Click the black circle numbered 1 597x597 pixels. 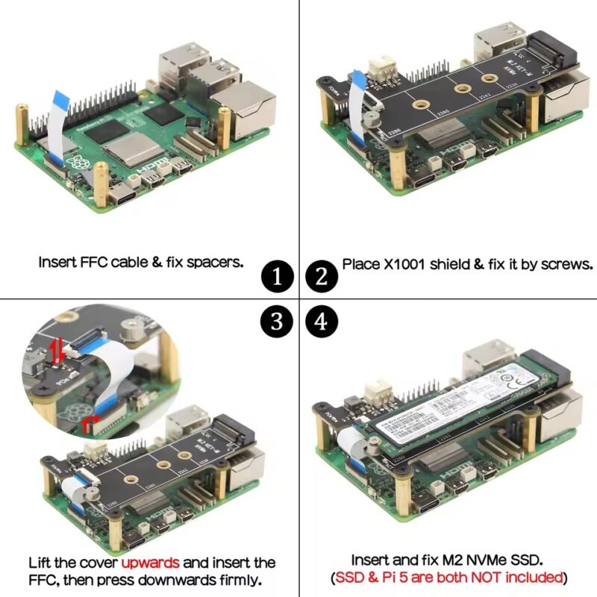(x=277, y=278)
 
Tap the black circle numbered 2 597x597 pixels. (x=321, y=278)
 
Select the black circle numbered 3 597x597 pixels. (x=277, y=322)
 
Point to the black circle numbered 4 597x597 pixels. (x=321, y=322)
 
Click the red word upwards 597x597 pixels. (x=150, y=562)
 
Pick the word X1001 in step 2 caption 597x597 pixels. (x=411, y=265)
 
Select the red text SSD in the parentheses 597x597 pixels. (x=348, y=578)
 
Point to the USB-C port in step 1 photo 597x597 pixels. (x=123, y=196)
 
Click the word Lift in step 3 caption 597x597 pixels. (x=41, y=562)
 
